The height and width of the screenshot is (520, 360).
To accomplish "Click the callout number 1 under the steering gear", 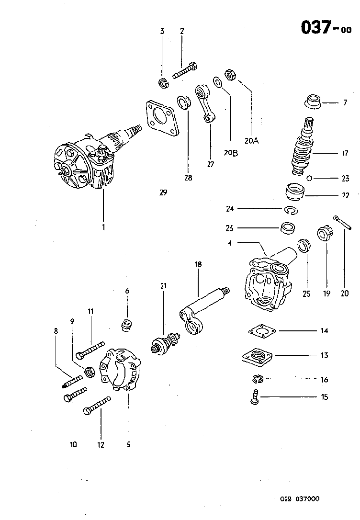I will (x=103, y=226).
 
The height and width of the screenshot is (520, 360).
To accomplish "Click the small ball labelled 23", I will (x=310, y=179).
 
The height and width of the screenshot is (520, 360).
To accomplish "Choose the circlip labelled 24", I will (x=290, y=210).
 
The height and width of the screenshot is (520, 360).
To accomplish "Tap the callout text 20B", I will (x=231, y=153).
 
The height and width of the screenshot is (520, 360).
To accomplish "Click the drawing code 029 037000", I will (x=299, y=499).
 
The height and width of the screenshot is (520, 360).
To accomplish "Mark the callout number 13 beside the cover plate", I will (x=324, y=356).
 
